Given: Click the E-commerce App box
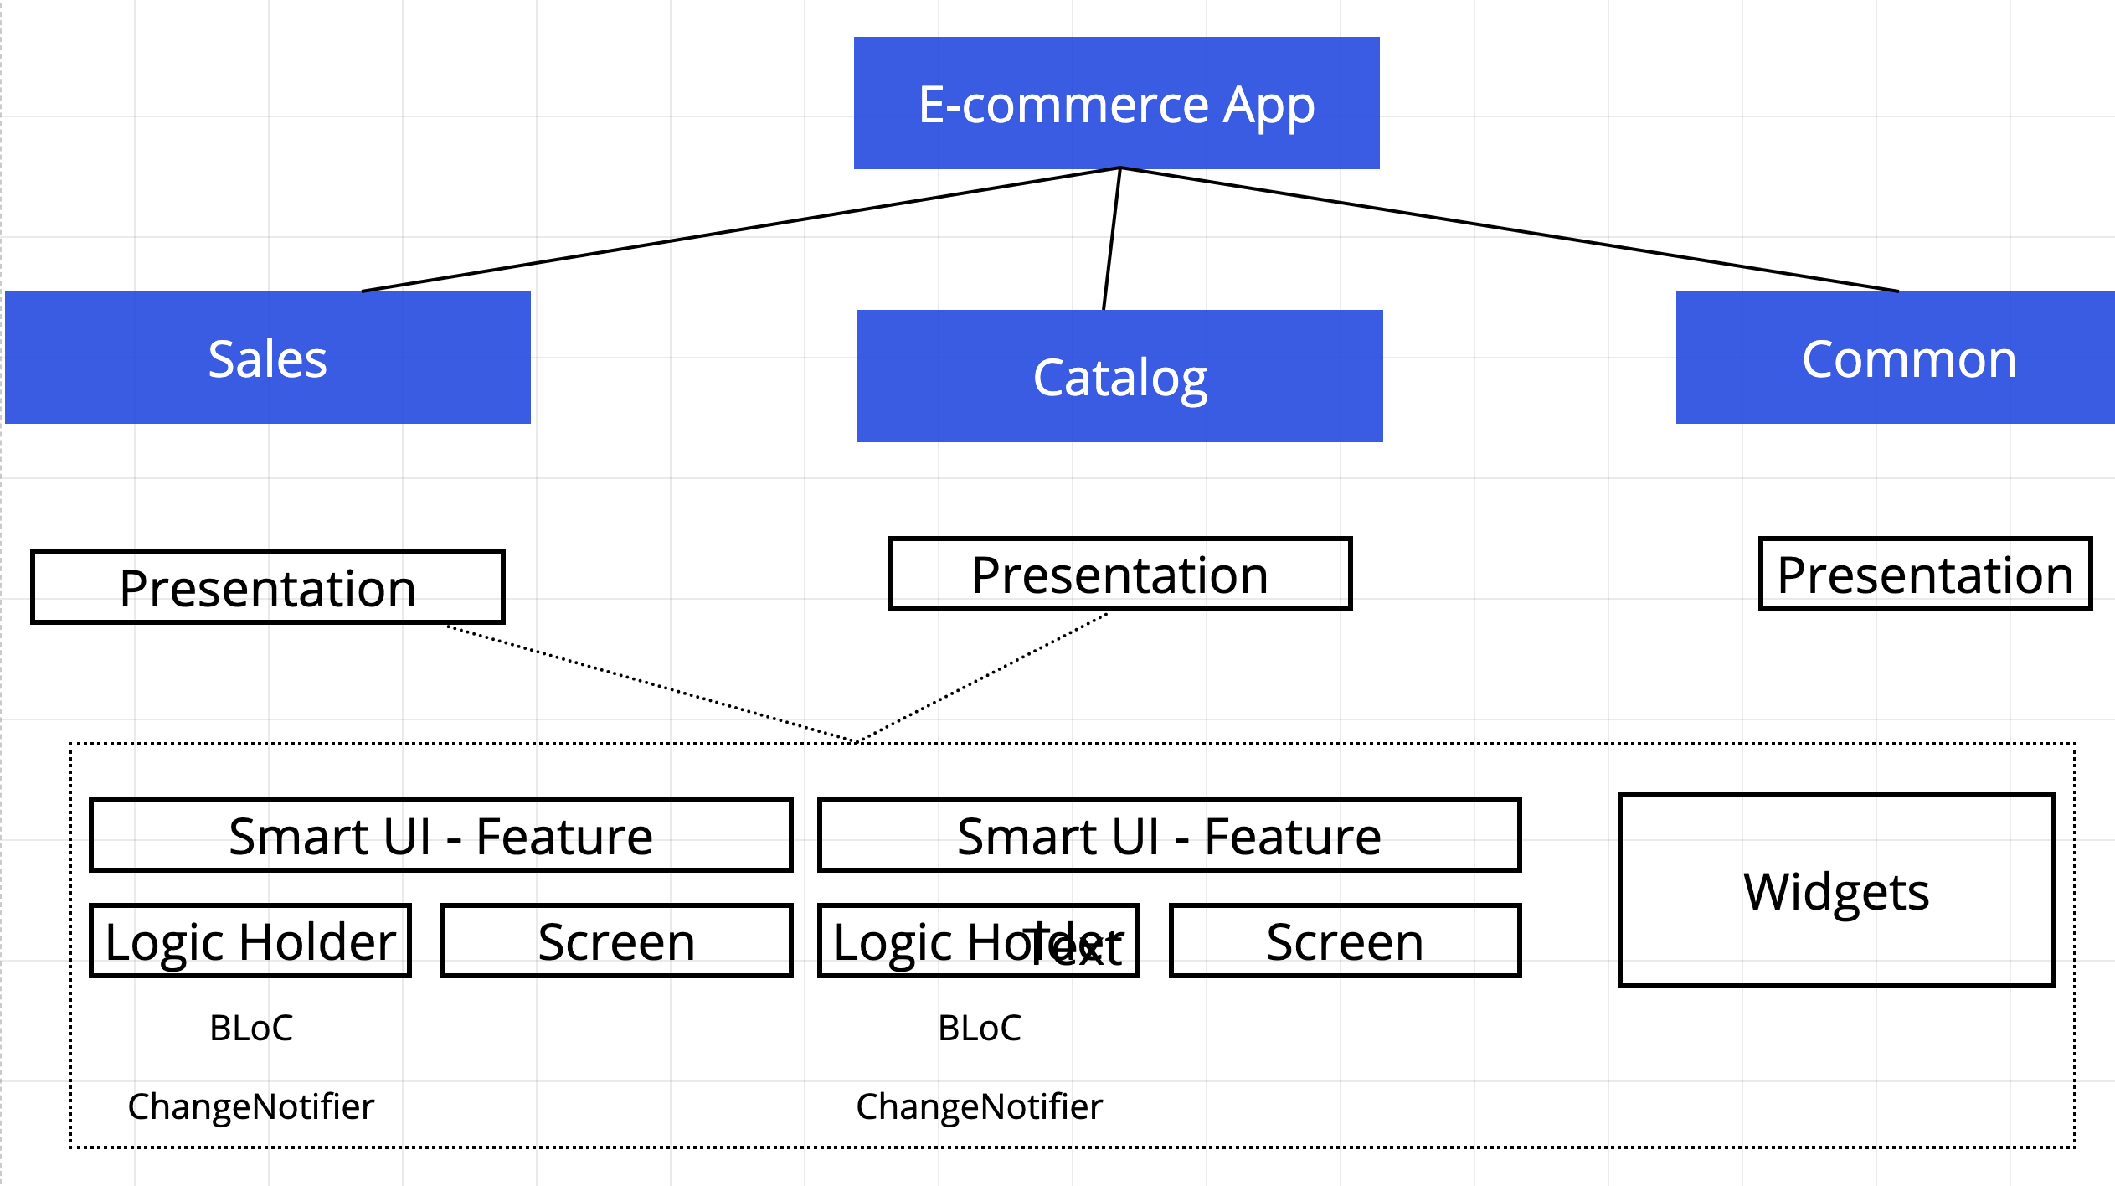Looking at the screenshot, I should (x=1116, y=103).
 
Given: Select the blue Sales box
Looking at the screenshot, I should (x=267, y=358).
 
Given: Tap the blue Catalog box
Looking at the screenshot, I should (x=1119, y=376).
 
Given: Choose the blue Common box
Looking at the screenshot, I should (x=1895, y=358).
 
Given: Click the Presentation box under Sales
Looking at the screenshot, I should (x=267, y=587).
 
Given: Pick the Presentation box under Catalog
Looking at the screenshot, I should (x=1119, y=575).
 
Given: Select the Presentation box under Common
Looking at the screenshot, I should (x=1924, y=575).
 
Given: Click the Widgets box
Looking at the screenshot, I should (x=1836, y=890).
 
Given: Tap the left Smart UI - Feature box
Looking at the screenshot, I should (x=440, y=836).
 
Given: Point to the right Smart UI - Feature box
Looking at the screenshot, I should (x=1169, y=836).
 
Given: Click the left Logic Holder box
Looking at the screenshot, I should (x=250, y=941).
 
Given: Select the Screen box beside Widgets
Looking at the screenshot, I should (x=1345, y=941).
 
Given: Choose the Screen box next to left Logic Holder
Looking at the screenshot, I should (x=616, y=941).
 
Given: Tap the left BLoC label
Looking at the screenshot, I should (x=250, y=1029).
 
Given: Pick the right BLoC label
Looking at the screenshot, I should (x=979, y=1029).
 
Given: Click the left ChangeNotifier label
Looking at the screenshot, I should (x=250, y=1106).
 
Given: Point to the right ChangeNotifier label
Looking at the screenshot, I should (x=979, y=1106).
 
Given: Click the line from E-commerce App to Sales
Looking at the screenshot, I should (x=740, y=229).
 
